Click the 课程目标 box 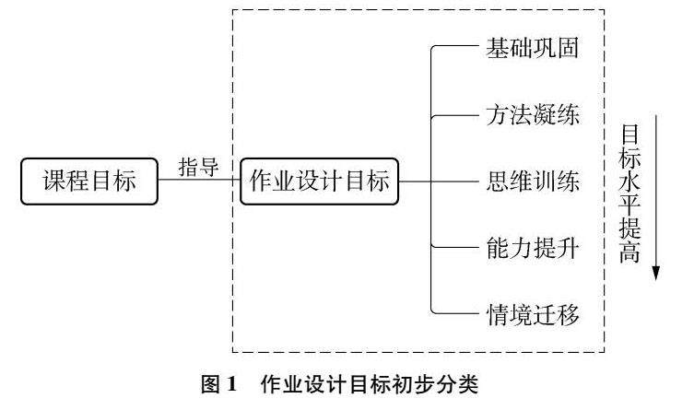[x=89, y=182]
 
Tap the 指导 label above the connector [x=198, y=166]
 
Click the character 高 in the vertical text [x=629, y=254]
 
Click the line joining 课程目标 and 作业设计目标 [x=198, y=182]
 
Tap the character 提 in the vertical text [x=629, y=230]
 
